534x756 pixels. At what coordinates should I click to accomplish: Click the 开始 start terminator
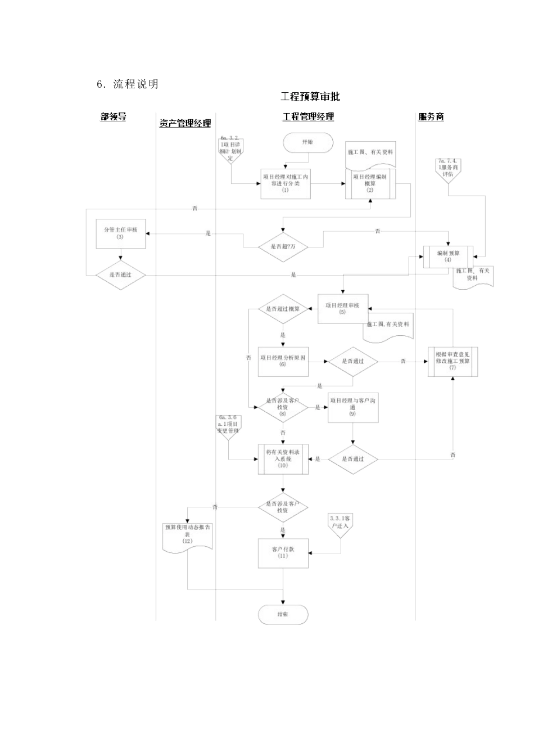[307, 142]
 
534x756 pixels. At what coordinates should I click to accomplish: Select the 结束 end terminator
[283, 614]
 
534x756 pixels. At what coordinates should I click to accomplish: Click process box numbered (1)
[286, 183]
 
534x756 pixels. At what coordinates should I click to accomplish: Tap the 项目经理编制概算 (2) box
[370, 183]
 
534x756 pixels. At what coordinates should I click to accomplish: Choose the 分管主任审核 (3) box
[120, 233]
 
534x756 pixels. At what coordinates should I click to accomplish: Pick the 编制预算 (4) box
[448, 256]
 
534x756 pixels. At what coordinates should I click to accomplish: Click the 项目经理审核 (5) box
[342, 308]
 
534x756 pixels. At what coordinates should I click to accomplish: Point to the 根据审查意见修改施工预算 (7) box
[452, 361]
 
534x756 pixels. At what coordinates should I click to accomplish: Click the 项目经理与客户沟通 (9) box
[352, 407]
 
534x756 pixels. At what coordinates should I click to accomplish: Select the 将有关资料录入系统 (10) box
[283, 459]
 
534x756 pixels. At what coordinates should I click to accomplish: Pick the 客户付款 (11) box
[283, 553]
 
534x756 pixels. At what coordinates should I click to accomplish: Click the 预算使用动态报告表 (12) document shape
[187, 535]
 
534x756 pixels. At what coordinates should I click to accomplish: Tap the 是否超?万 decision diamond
[283, 246]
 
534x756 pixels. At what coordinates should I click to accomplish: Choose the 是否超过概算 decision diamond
[283, 309]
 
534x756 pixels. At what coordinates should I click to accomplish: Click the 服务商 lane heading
[431, 117]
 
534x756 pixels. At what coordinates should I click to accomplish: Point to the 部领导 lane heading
[113, 117]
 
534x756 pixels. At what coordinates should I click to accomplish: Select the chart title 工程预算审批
[310, 97]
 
